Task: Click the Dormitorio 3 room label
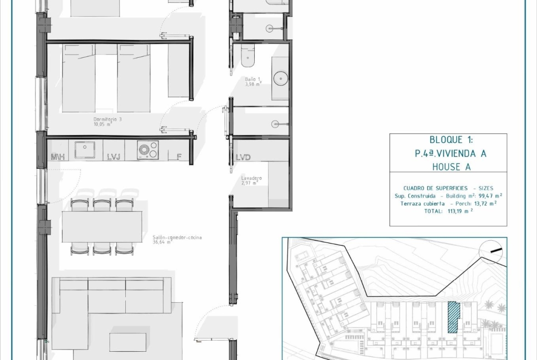coord(107,122)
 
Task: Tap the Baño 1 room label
coord(253,82)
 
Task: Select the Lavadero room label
coord(251,180)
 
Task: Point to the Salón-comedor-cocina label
coord(177,239)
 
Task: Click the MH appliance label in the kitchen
coord(58,157)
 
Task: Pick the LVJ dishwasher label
coord(114,157)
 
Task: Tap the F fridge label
coord(179,157)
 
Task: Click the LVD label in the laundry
coord(243,157)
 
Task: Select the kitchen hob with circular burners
coord(148,150)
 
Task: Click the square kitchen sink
coord(85,150)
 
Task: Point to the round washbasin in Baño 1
coord(281,79)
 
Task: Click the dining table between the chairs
coord(102,227)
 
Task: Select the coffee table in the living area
coord(128,342)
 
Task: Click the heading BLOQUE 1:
coord(451,139)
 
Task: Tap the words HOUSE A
coord(451,167)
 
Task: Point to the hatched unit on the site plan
coord(453,317)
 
